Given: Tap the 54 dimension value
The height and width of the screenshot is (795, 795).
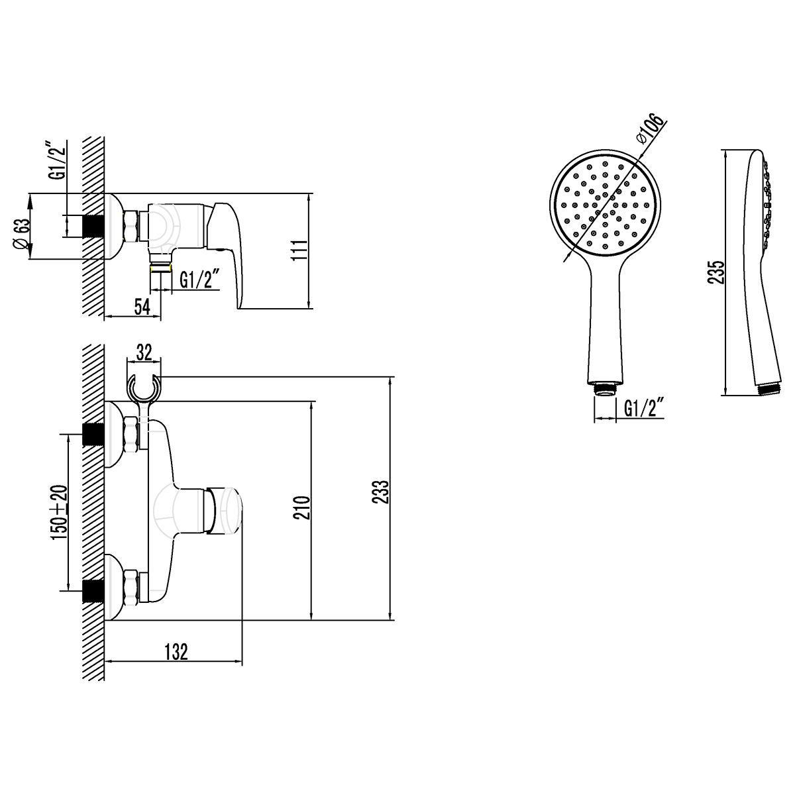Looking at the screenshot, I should pos(142,307).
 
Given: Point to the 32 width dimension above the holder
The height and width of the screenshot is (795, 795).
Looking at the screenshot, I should pos(144,352).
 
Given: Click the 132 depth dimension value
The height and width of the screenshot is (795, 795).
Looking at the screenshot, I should pos(176,652).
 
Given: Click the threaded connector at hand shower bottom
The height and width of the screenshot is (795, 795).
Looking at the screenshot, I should pos(604,388).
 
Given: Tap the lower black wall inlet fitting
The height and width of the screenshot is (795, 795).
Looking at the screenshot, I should pos(93,589).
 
